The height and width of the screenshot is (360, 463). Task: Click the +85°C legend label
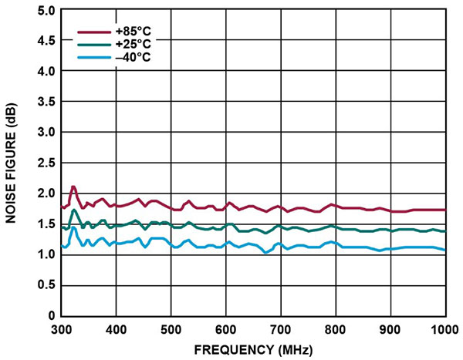128,32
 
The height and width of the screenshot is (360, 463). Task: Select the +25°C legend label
128,44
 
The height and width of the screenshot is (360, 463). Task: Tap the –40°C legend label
128,56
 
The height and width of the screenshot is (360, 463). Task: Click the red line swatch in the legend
92,32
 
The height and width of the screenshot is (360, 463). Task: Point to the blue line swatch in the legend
92,56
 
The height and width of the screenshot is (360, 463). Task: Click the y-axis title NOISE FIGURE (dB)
12,163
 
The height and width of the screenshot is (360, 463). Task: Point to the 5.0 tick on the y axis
45,11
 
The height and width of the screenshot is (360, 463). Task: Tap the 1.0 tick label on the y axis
45,254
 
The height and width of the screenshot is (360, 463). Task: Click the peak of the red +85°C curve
73,187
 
